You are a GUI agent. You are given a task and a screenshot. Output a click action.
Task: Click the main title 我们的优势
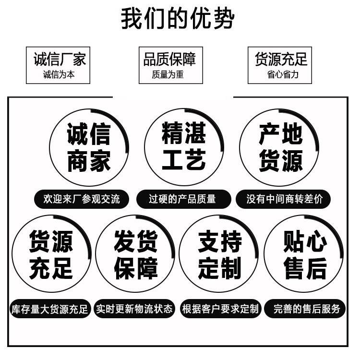click(178, 18)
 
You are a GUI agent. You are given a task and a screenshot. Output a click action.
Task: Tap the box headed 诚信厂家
click(58, 65)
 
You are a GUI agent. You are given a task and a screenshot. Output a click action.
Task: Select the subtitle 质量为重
click(168, 74)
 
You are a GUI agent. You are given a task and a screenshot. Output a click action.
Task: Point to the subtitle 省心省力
click(283, 74)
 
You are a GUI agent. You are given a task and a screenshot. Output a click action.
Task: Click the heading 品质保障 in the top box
click(169, 59)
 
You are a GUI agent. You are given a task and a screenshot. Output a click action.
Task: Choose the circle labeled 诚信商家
click(89, 147)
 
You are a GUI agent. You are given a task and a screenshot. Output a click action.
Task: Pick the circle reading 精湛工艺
click(184, 147)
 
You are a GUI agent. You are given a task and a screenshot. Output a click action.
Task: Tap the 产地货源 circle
click(279, 147)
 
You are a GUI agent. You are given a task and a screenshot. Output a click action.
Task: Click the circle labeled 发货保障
click(135, 254)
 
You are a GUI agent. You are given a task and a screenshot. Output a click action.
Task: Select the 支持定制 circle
click(219, 254)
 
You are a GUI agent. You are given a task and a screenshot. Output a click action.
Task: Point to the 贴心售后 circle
click(304, 254)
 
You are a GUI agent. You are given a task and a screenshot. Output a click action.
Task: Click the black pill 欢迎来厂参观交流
click(82, 199)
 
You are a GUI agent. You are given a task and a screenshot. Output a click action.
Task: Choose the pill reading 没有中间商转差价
click(283, 199)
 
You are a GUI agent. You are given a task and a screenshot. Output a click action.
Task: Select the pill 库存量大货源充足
click(50, 309)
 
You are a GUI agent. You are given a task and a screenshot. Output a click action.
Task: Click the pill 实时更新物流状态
click(134, 309)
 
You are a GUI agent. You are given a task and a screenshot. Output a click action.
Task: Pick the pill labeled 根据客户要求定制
click(221, 309)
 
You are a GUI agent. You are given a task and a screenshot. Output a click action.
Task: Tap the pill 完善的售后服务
click(305, 309)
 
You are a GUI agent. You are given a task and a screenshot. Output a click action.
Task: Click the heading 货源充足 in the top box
click(281, 59)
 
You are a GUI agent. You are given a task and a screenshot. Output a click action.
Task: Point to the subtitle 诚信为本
click(59, 74)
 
